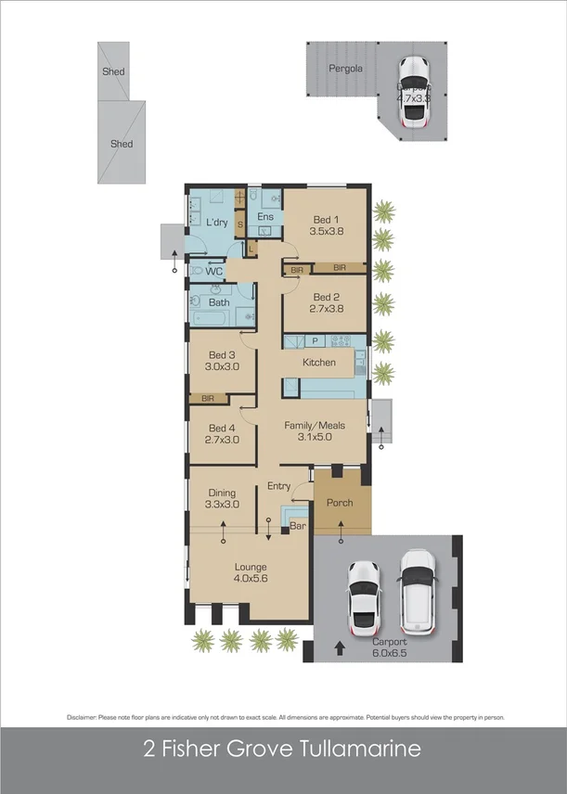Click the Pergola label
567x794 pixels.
pyautogui.click(x=345, y=69)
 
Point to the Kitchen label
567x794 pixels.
pyautogui.click(x=318, y=362)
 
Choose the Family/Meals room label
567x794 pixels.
pyautogui.click(x=314, y=425)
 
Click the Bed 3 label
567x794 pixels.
pyautogui.click(x=223, y=354)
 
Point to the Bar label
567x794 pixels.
pyautogui.click(x=298, y=526)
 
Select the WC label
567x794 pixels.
pyautogui.click(x=213, y=271)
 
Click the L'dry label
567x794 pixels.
pyautogui.click(x=216, y=223)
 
